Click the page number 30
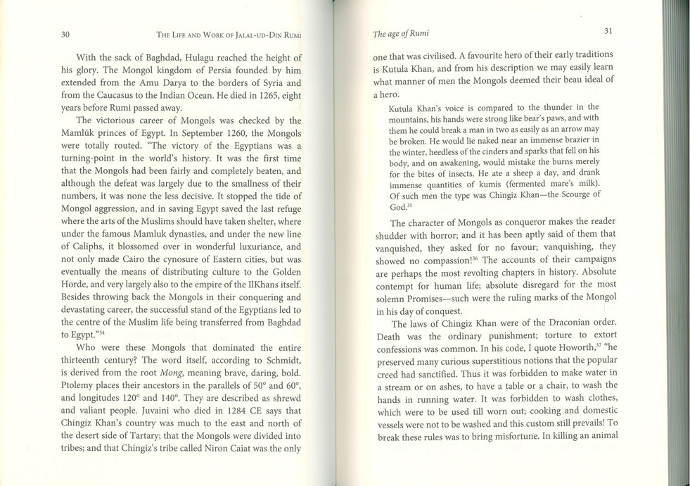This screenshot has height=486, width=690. (x=65, y=35)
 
